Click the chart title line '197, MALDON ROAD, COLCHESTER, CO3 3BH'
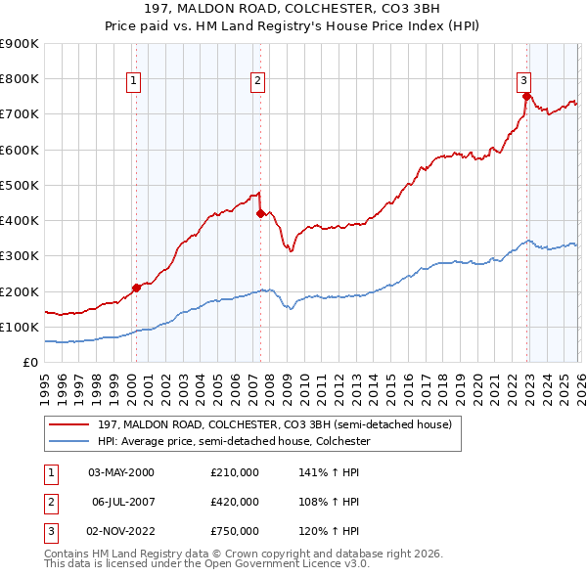tap(293, 9)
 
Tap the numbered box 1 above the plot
tap(132, 81)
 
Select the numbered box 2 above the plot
tap(257, 81)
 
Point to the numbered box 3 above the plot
tap(523, 81)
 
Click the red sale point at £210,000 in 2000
tap(136, 288)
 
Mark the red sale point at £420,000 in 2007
tap(260, 213)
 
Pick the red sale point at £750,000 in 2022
tap(526, 96)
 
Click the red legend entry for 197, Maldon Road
tap(274, 424)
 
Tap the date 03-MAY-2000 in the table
tap(121, 472)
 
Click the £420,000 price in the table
tap(235, 502)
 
